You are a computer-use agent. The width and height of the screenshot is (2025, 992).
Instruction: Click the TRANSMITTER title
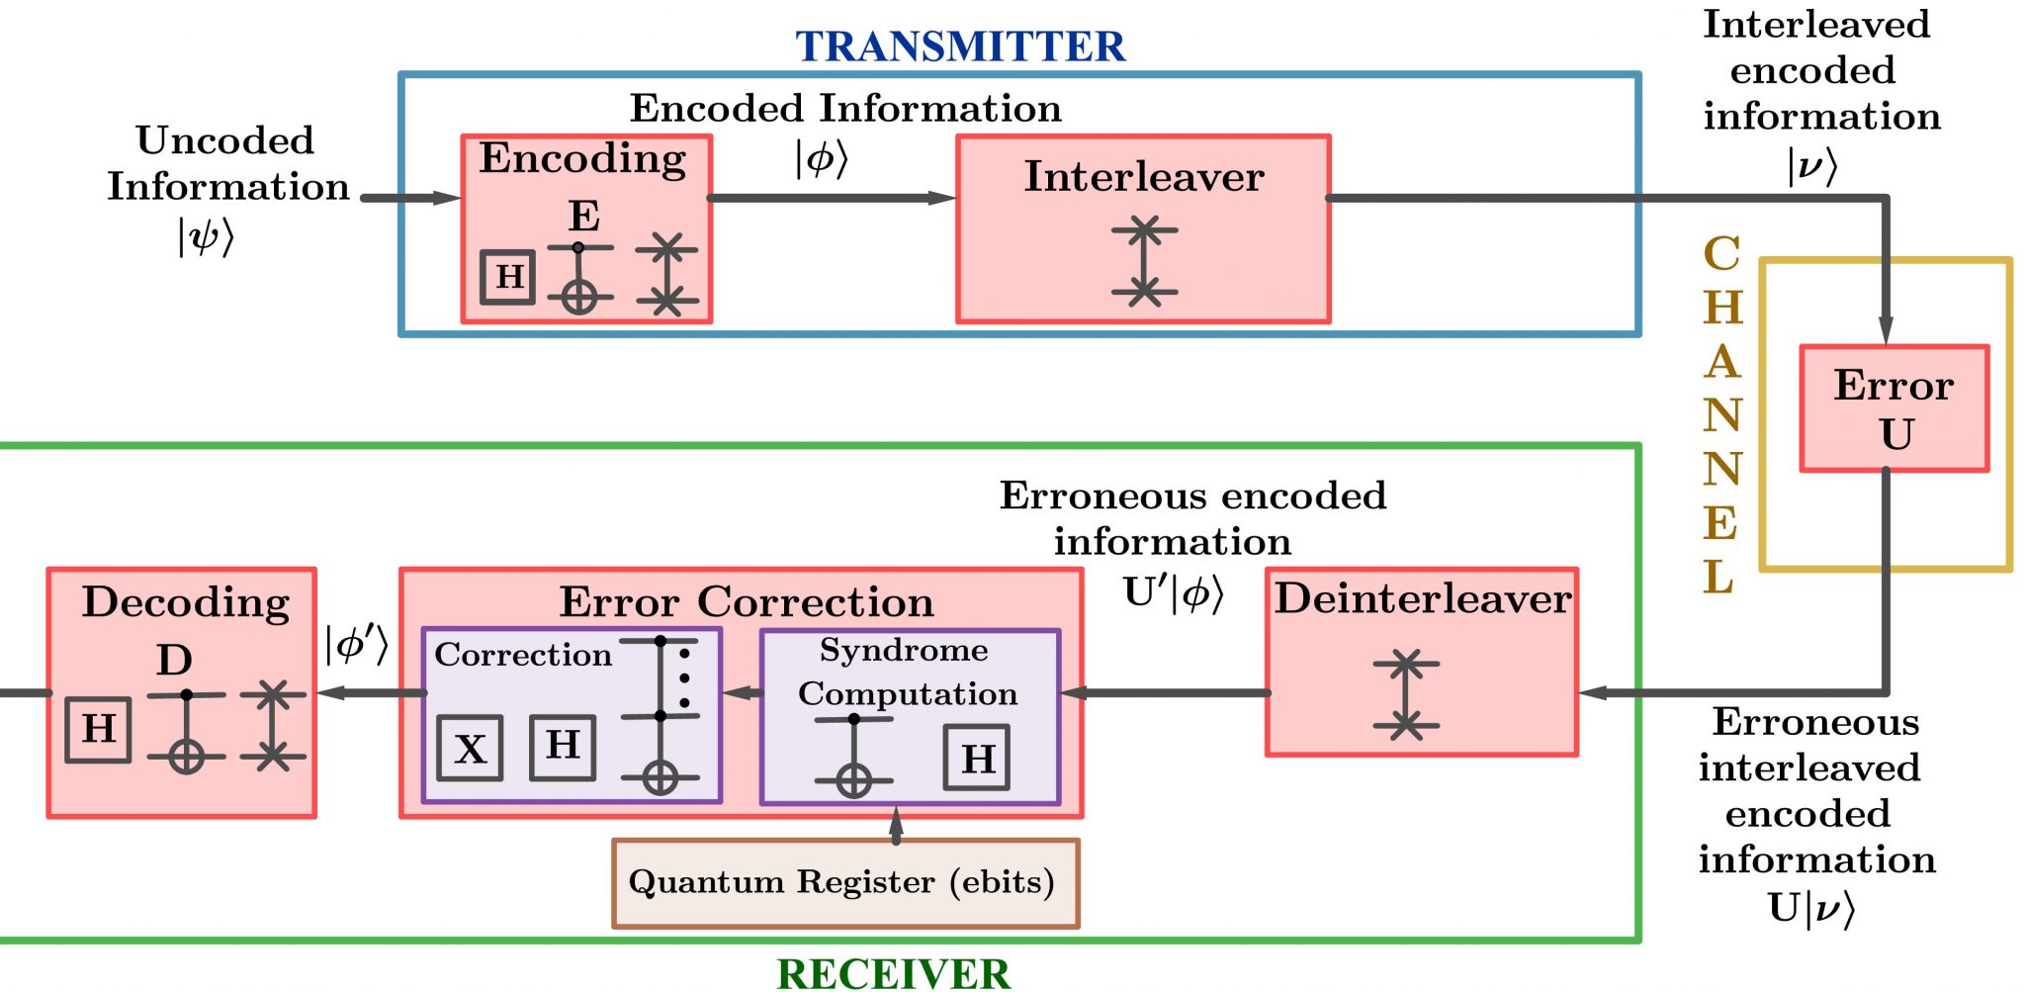pos(960,46)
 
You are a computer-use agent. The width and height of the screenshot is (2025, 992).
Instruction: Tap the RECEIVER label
pos(894,973)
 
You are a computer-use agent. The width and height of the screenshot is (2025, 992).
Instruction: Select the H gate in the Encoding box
pos(508,277)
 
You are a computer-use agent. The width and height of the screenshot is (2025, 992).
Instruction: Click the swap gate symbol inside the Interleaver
pos(1144,261)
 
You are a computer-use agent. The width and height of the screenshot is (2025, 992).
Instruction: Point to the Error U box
pos(1893,408)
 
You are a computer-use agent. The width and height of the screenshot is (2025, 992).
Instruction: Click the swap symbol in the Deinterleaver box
pos(1405,694)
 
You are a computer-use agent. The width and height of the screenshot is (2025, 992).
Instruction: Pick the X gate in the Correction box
pos(470,749)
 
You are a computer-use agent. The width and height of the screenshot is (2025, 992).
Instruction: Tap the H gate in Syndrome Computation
pos(977,758)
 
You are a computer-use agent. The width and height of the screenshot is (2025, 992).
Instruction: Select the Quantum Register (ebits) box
pos(845,883)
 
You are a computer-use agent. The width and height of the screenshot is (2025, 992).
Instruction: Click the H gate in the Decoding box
pos(98,729)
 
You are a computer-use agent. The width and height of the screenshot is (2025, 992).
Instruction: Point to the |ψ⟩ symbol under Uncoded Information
pos(206,237)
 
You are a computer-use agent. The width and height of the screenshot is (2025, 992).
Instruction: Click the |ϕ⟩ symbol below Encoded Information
pos(822,158)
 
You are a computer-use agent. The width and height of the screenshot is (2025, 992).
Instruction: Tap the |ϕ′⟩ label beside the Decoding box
pos(356,645)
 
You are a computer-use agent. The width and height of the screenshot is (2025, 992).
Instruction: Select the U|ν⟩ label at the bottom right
pos(1810,907)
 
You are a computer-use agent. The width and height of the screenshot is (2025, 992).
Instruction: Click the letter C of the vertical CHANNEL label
pos(1721,253)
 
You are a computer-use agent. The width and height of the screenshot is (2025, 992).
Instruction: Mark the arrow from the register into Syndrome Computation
pos(896,824)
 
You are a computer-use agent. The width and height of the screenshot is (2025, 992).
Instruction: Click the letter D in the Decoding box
pos(174,660)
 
